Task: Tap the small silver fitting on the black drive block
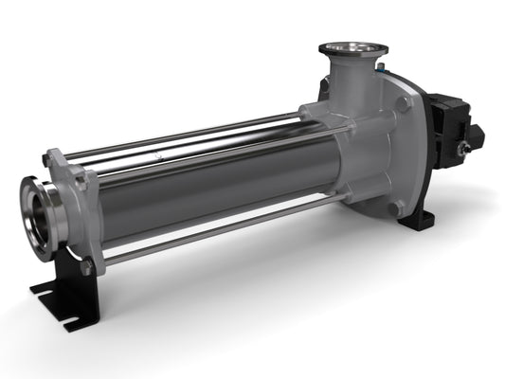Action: click(x=464, y=149)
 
